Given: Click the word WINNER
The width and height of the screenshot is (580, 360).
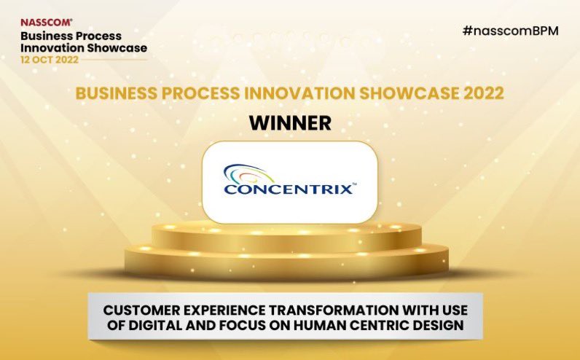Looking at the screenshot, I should tap(290, 122).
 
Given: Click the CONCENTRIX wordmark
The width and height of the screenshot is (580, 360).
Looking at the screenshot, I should tap(290, 190).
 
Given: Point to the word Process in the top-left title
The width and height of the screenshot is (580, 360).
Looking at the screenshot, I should tap(96, 35).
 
